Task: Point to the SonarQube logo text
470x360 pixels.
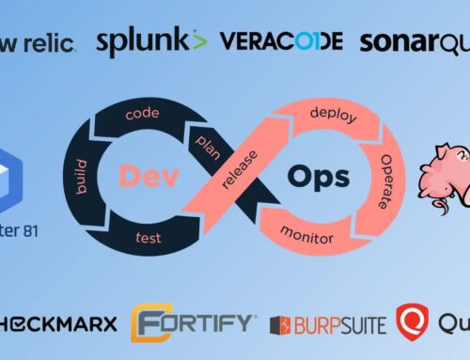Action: [414, 41]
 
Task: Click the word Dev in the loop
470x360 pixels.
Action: [143, 175]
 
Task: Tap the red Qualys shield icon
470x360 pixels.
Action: [411, 321]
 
